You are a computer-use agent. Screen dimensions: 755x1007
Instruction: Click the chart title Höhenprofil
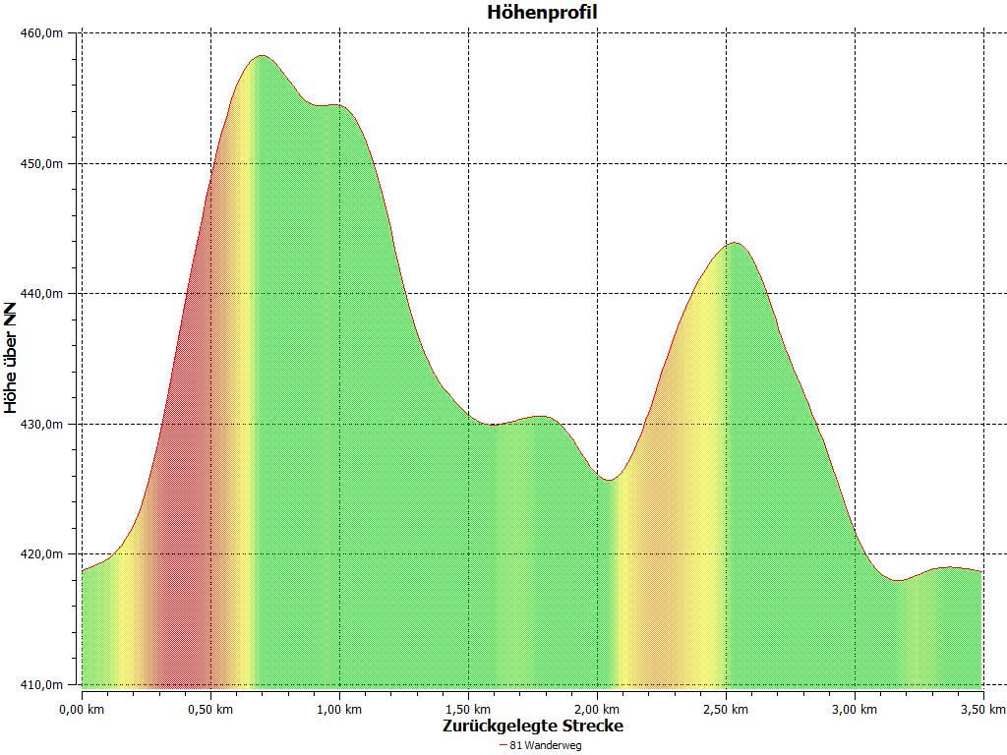[x=542, y=13]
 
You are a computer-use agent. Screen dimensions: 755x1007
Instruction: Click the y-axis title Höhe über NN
[x=11, y=358]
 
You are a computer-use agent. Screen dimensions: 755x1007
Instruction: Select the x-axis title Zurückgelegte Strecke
[x=532, y=726]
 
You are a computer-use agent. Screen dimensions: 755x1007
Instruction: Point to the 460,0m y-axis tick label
[x=42, y=33]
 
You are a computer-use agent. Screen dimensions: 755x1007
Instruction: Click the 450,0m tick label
[x=42, y=163]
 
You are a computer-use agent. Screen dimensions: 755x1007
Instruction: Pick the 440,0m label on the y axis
[x=42, y=294]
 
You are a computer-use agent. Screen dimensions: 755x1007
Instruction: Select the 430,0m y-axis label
[x=42, y=424]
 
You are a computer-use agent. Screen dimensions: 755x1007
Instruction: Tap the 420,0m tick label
[x=42, y=554]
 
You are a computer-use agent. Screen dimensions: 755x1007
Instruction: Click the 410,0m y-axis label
[x=42, y=684]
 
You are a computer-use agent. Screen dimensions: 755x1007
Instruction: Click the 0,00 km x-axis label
[x=82, y=709]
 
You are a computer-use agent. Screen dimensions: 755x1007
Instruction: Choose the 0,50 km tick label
[x=210, y=709]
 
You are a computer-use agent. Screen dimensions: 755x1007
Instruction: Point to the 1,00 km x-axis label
[x=339, y=709]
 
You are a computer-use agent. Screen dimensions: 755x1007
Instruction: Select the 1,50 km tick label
[x=468, y=709]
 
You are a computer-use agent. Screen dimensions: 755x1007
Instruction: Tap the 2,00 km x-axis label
[x=597, y=709]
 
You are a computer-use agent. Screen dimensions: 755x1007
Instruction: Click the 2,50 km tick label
[x=726, y=709]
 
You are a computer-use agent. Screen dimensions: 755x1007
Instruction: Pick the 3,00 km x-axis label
[x=855, y=709]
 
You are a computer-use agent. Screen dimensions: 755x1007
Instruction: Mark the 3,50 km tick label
[x=983, y=709]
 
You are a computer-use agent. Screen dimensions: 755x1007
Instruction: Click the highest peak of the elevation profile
[x=262, y=56]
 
